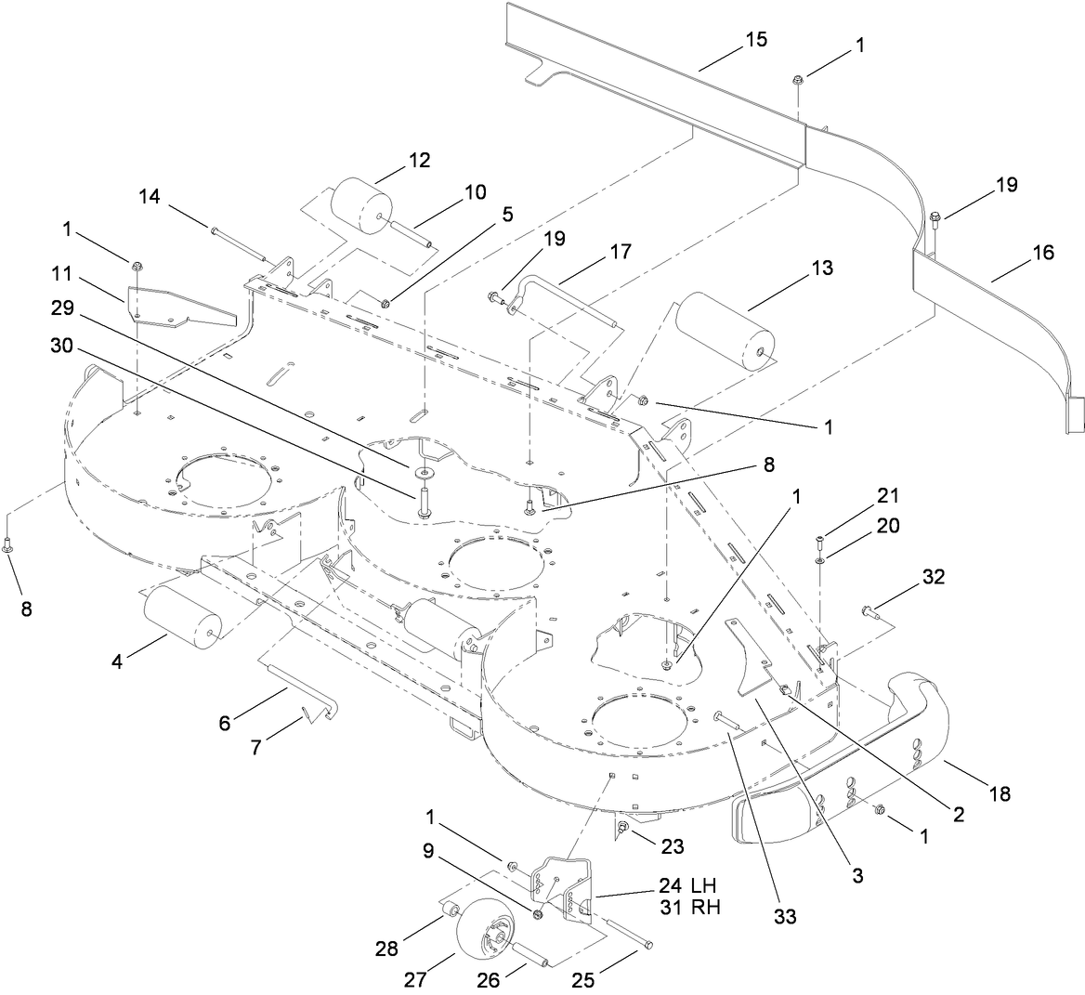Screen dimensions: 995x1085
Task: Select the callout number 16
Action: click(x=1042, y=252)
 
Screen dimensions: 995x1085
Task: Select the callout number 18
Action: click(x=999, y=794)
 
